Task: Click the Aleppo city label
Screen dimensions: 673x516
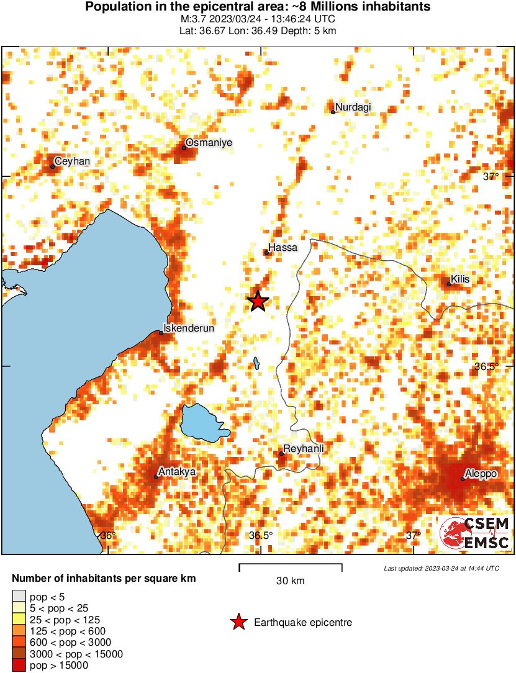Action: [x=481, y=474]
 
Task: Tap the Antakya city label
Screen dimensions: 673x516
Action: [x=178, y=471]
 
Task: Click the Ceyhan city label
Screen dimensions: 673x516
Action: [x=72, y=161]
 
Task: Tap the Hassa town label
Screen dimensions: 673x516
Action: [x=283, y=247]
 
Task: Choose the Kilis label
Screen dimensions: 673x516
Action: [x=460, y=279]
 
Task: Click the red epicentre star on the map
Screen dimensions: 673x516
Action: [x=258, y=301]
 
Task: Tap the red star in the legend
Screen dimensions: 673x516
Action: [x=238, y=622]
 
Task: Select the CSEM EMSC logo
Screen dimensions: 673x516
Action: [x=475, y=534]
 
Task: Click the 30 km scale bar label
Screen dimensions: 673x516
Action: [x=290, y=581]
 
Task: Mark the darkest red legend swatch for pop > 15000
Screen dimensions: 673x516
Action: [x=19, y=666]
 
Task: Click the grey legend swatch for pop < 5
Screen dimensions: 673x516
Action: [x=19, y=597]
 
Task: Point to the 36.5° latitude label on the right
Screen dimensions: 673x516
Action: [x=487, y=366]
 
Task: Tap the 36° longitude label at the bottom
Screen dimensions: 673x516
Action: [x=108, y=535]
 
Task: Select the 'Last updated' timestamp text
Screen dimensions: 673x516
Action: [x=441, y=568]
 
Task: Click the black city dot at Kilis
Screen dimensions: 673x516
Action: [x=449, y=284]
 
